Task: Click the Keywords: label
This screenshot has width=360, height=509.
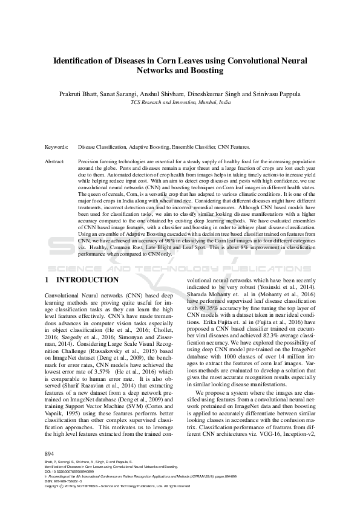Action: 58,147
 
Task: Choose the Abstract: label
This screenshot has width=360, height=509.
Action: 56,162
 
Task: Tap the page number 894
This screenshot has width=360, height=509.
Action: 50,453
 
